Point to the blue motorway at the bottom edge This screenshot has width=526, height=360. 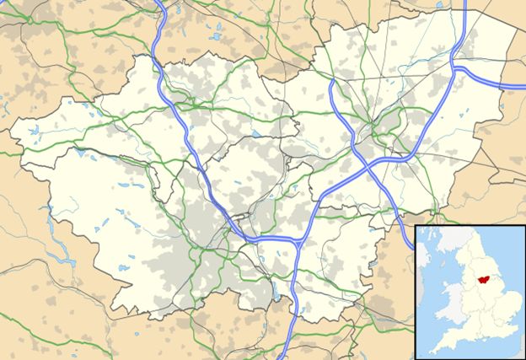(x=288, y=354)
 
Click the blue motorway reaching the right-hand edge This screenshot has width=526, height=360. (x=518, y=85)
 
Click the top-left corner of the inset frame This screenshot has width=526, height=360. (x=415, y=226)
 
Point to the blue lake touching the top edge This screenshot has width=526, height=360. (x=217, y=3)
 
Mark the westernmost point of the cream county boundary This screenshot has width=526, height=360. (x=10, y=133)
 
